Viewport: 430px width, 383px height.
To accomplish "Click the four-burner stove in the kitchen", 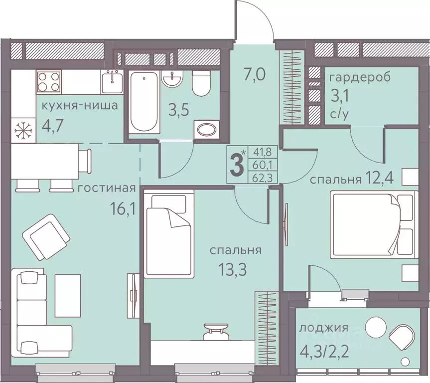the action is (49, 81).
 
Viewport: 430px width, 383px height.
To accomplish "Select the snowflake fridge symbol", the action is (23, 130).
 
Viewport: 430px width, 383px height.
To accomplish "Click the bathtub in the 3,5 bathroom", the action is (144, 102).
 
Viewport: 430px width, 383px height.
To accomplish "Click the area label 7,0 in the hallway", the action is (255, 74).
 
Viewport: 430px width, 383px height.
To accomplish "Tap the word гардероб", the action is (360, 77).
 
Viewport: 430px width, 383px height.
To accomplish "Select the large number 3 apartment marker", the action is (237, 165).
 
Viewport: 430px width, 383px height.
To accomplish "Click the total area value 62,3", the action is (263, 178).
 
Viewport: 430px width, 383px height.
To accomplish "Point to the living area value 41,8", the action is (263, 152).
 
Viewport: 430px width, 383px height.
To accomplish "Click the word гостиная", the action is (107, 189).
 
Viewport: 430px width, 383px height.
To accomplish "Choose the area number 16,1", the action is (123, 209).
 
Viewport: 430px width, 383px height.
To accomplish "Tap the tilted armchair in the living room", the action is (46, 237).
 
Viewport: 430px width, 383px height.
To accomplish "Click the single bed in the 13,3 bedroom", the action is (170, 233).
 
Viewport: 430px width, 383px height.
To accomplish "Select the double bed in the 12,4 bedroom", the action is (375, 224).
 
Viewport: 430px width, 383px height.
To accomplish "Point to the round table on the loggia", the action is (376, 328).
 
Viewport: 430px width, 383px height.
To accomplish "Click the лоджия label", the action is (324, 328).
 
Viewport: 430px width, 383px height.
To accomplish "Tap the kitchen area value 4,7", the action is (53, 126).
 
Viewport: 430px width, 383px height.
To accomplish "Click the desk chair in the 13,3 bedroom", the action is (216, 331).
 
